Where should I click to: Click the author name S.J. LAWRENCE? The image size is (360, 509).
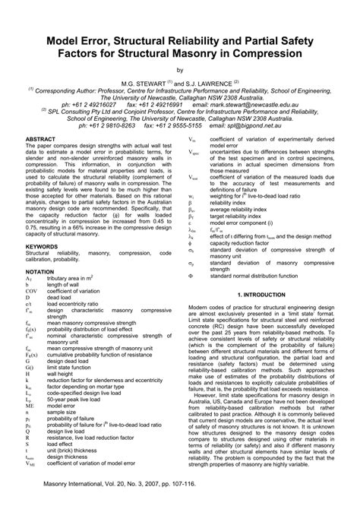pos(212,81)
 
